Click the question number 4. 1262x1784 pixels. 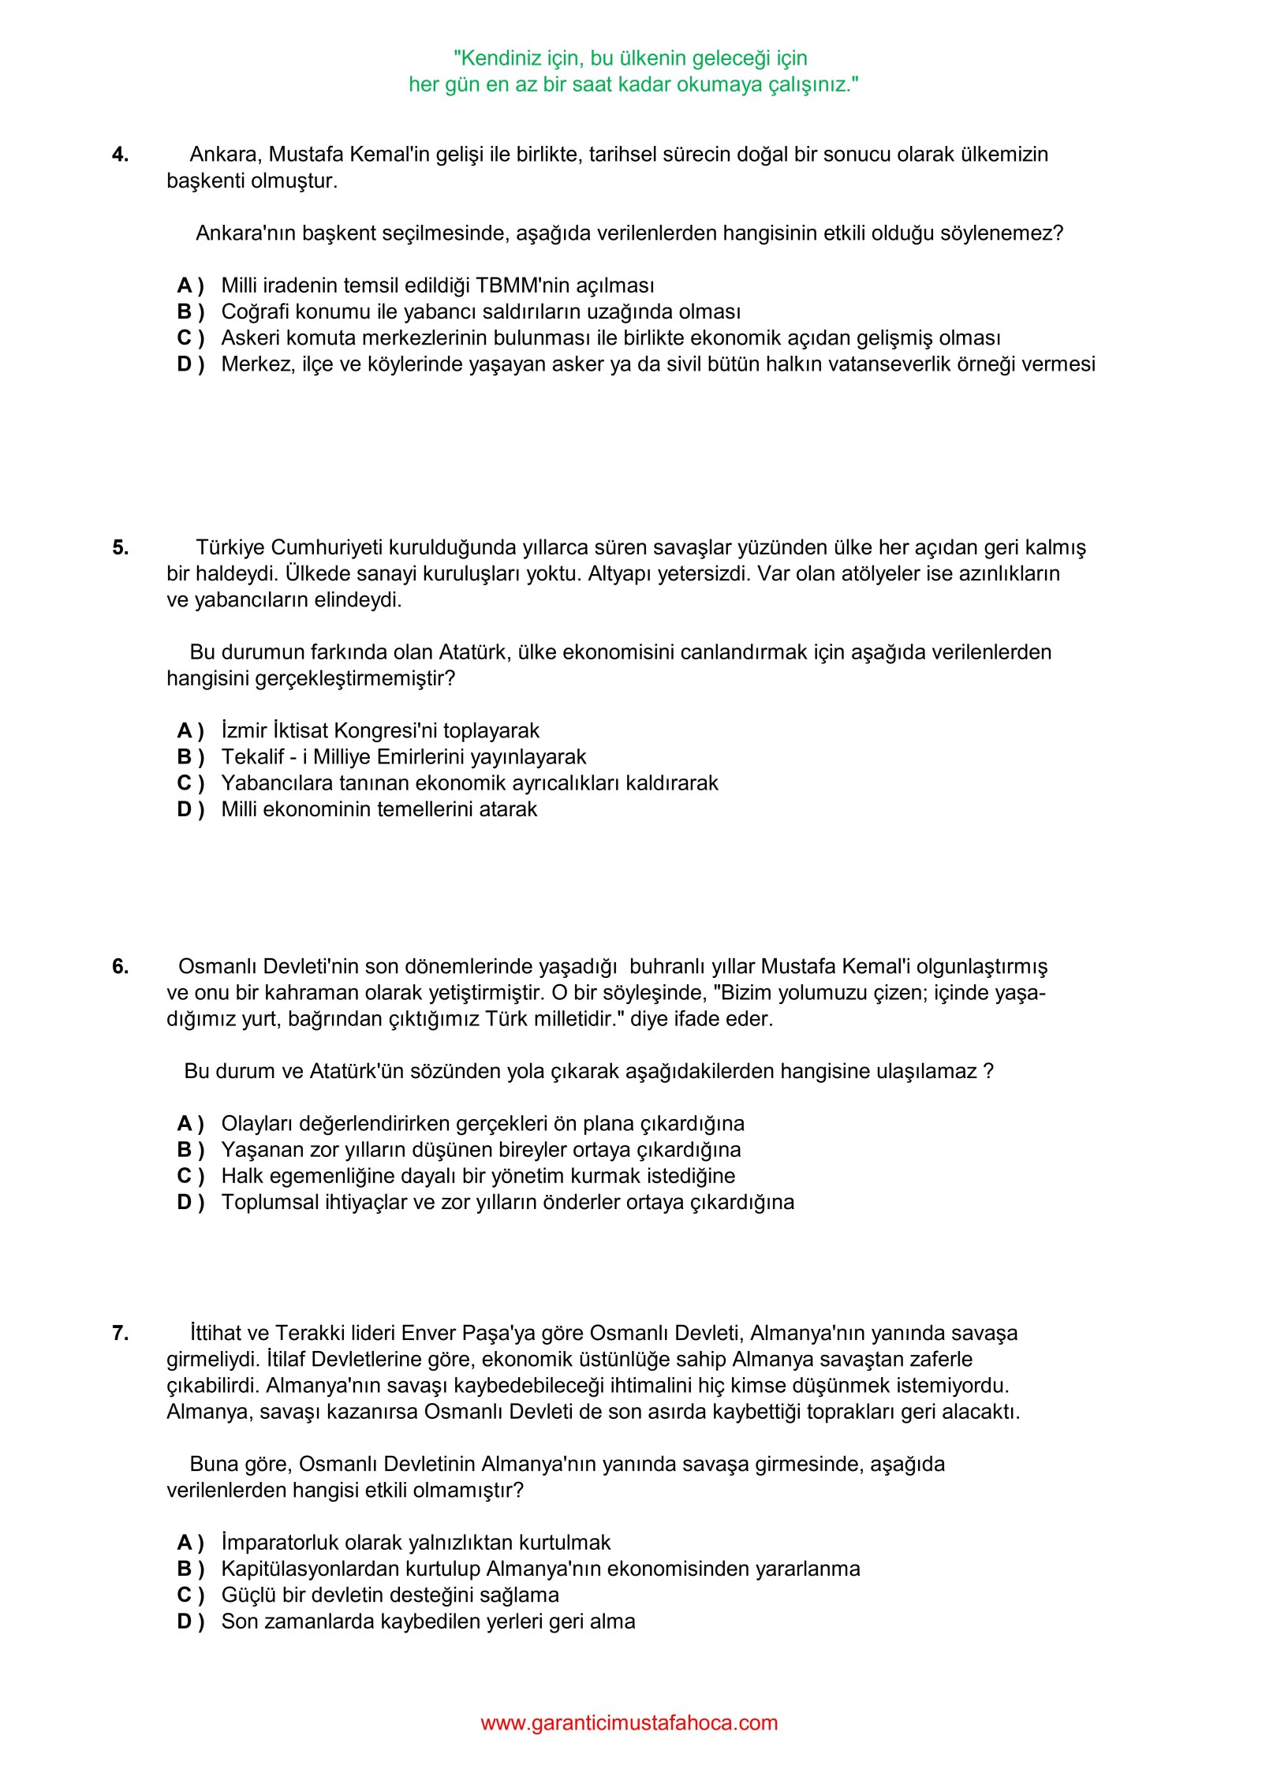tap(120, 155)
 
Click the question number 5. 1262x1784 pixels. tap(120, 547)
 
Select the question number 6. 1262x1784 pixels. tap(120, 966)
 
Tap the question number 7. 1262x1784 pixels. tap(120, 1333)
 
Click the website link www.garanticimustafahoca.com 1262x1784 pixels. tap(629, 1722)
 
